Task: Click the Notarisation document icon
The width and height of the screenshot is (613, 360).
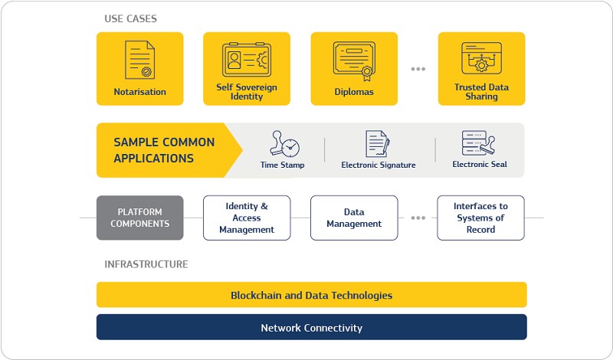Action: pos(139,60)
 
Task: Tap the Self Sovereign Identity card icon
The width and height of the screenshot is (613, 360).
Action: pos(246,60)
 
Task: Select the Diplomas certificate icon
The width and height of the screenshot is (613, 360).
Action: pos(354,61)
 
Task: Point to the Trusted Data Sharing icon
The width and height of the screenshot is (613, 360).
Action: pos(481,58)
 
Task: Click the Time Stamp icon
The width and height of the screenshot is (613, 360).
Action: pos(284,144)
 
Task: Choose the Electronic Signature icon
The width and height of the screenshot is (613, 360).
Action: pos(377,144)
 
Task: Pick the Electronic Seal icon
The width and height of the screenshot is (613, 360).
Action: pos(478,142)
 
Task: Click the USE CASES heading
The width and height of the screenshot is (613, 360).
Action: pos(130,18)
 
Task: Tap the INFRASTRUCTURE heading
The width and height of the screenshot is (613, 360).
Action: pos(146,264)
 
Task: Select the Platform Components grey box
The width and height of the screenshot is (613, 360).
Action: pos(140,218)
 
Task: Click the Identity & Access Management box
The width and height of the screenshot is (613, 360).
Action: pos(247,218)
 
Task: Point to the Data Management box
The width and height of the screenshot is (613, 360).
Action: pos(354,218)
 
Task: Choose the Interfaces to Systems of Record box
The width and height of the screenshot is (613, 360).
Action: pos(481,218)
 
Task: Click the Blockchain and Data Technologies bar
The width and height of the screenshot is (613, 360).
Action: pos(312,295)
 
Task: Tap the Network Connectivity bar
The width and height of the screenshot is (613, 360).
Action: pos(312,327)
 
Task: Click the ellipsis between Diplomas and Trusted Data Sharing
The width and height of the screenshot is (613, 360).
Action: pos(418,69)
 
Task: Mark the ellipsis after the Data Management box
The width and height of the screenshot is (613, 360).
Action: pos(418,218)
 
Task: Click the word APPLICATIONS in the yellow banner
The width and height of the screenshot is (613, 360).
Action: pos(154,159)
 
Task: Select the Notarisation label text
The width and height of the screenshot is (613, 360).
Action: pos(140,92)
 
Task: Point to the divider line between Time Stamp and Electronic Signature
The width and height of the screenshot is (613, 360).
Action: pos(324,149)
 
